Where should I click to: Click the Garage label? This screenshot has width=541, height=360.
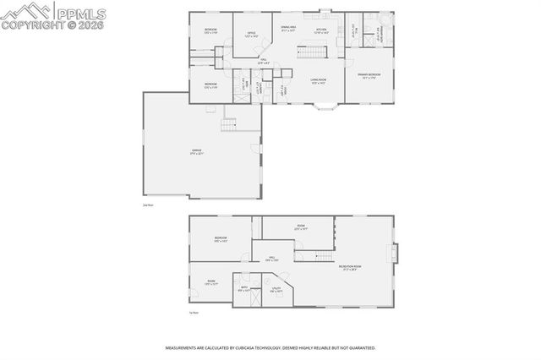click(196, 152)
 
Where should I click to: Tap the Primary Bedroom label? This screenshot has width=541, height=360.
click(369, 75)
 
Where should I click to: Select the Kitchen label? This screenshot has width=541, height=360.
click(321, 30)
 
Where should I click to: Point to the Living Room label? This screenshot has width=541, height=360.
click(319, 81)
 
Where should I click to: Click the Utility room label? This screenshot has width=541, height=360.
click(276, 290)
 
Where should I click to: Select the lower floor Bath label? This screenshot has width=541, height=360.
click(244, 288)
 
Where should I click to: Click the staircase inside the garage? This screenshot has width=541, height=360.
click(229, 126)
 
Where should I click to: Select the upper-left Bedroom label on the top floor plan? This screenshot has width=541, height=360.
click(210, 31)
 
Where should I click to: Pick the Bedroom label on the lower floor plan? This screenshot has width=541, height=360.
click(221, 239)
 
